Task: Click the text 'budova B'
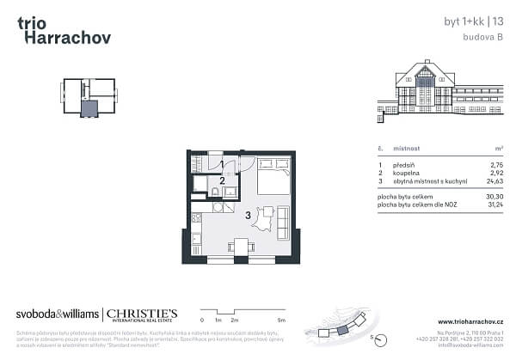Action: (483, 39)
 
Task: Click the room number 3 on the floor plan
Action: (249, 216)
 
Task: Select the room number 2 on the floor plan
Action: (222, 180)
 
